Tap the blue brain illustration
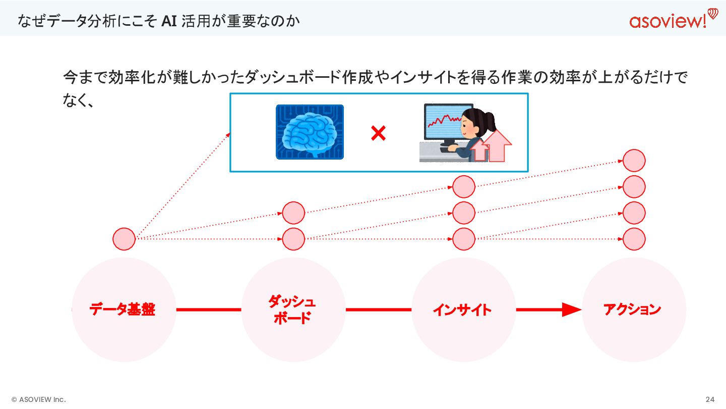[310, 132]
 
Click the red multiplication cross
[378, 133]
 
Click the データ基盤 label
[123, 310]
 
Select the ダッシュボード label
[292, 310]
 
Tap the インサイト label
[462, 310]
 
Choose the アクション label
[632, 309]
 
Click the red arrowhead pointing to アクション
[572, 310]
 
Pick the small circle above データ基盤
[124, 239]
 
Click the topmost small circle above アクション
[634, 161]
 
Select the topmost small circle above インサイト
[464, 187]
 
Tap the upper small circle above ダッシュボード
[293, 213]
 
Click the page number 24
[710, 399]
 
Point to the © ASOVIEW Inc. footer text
[38, 399]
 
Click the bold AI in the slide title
[168, 21]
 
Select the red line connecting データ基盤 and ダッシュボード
[209, 310]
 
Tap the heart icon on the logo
[712, 13]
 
